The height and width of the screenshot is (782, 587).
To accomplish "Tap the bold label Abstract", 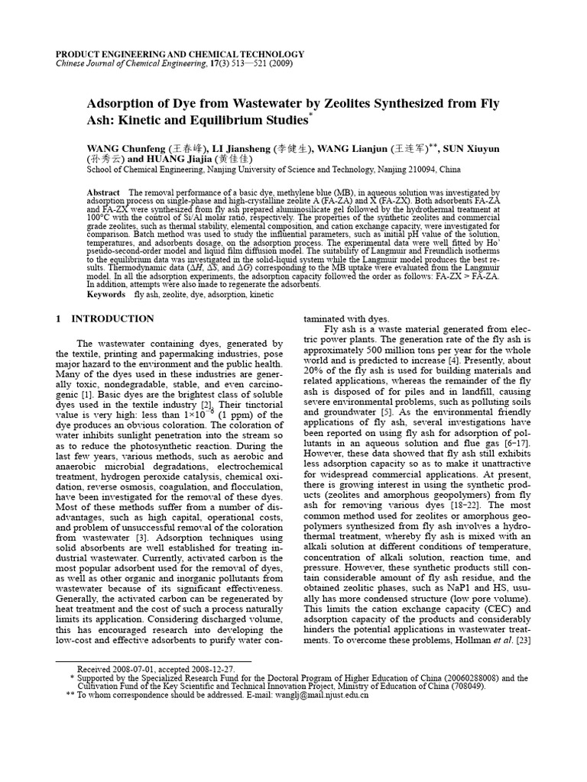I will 104,192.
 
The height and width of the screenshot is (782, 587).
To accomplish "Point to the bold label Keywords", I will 106,294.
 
